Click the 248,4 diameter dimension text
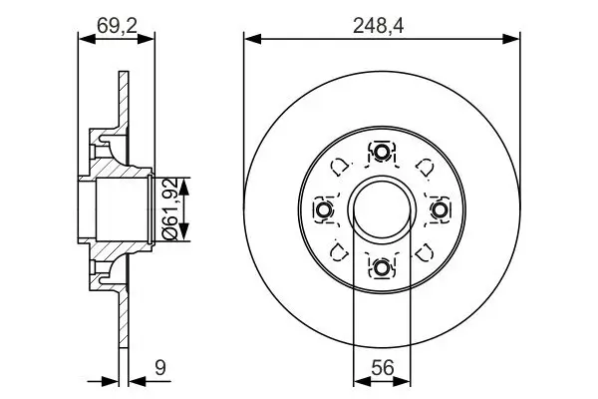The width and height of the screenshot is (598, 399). click(x=382, y=21)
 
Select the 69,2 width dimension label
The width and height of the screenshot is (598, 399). click(x=117, y=21)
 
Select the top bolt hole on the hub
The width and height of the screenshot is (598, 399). click(x=382, y=152)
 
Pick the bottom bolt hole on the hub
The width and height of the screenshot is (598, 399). click(x=382, y=267)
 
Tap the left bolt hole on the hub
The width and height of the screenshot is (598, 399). click(x=324, y=209)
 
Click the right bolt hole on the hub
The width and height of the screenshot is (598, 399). click(x=440, y=209)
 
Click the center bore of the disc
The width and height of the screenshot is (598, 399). click(x=382, y=209)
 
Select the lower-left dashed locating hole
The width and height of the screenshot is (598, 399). click(x=339, y=251)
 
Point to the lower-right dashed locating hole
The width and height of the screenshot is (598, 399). click(x=425, y=251)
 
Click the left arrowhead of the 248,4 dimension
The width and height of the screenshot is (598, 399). click(x=250, y=39)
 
